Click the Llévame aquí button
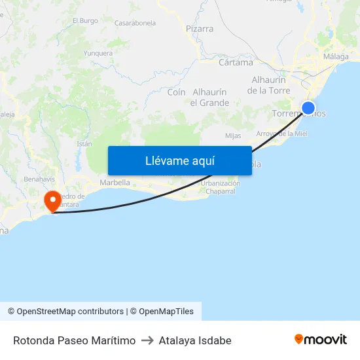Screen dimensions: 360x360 coord(179,160)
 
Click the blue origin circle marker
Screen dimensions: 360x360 coord(308,108)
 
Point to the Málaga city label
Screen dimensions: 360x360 coord(336,57)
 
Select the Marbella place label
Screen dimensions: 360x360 coord(115,183)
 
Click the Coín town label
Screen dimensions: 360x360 coord(176,92)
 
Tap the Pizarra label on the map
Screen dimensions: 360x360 coord(200,29)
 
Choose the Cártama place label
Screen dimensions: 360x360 coord(236,63)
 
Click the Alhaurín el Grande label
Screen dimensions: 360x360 coord(209,98)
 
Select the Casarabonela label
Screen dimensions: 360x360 coord(135,23)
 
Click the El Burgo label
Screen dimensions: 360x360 coord(84,21)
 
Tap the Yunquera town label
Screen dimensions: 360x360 coord(98,53)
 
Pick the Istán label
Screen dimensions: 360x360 coord(84,143)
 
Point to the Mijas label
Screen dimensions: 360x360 coord(233,136)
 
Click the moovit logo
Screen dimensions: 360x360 coord(321,340)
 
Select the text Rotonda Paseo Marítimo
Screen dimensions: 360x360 coord(75,340)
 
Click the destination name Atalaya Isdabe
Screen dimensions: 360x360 coord(195,340)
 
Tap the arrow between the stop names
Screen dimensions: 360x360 coord(147,340)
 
